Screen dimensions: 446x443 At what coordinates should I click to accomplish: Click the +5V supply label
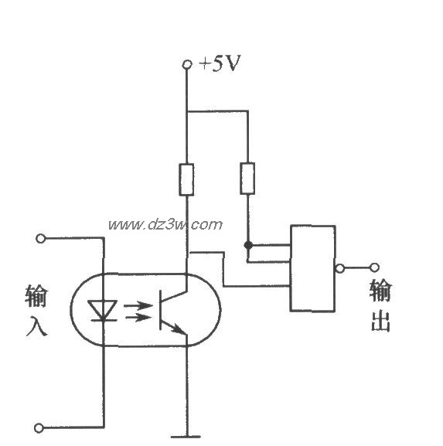[x=220, y=64]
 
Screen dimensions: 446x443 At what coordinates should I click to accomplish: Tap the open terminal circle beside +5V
[x=186, y=65]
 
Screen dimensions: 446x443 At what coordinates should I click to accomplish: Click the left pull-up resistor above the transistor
[x=186, y=179]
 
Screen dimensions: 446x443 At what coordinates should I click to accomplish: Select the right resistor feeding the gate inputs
[x=247, y=178]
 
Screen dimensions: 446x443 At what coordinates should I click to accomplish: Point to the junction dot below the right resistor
[x=247, y=245]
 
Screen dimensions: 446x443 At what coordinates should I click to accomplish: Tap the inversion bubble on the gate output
[x=339, y=268]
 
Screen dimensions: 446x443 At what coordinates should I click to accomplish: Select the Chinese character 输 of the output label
[x=380, y=291]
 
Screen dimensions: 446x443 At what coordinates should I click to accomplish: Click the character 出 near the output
[x=380, y=321]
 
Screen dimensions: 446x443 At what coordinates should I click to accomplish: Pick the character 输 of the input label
[x=36, y=297]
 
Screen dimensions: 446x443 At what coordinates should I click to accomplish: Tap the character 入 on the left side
[x=36, y=325]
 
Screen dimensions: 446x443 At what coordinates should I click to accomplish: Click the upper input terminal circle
[x=41, y=238]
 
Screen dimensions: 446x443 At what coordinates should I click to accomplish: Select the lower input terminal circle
[x=41, y=425]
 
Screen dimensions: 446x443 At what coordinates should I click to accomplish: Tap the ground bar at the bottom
[x=186, y=437]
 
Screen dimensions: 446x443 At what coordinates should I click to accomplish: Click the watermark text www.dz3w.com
[x=165, y=225]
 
